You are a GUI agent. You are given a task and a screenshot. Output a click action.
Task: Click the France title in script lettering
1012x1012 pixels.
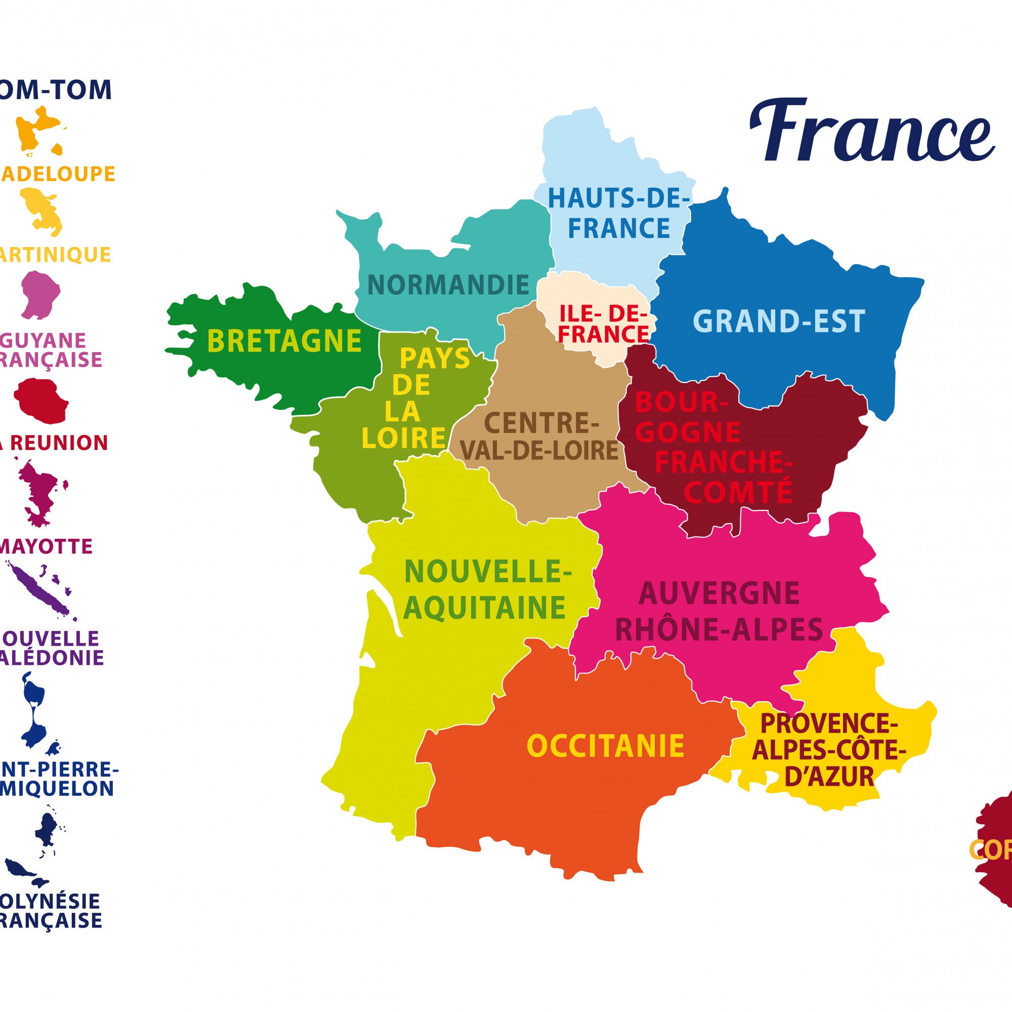coord(872,131)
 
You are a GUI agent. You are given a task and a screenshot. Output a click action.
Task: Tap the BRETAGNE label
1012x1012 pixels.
coord(284,341)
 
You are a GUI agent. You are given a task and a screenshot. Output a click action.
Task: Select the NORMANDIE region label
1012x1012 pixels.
coord(448,285)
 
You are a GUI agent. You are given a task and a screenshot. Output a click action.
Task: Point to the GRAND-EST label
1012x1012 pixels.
coord(779,321)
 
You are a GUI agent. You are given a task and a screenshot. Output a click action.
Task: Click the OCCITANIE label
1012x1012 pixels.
coord(606,746)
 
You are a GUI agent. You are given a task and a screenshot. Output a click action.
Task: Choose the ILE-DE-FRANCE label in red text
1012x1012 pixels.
coord(604,324)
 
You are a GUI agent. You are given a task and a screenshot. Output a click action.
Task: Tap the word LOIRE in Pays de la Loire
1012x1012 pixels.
coord(403,438)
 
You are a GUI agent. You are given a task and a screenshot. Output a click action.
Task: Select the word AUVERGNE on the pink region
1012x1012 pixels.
coord(719,594)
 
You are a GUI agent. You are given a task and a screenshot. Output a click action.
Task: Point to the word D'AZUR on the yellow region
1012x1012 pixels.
coord(829,777)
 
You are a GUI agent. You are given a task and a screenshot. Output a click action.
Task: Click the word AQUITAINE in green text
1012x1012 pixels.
coord(485,608)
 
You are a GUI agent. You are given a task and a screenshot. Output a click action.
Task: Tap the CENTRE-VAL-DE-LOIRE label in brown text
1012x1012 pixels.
coord(539,437)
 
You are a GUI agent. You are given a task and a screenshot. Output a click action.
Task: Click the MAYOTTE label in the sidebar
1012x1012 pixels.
coord(46,547)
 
